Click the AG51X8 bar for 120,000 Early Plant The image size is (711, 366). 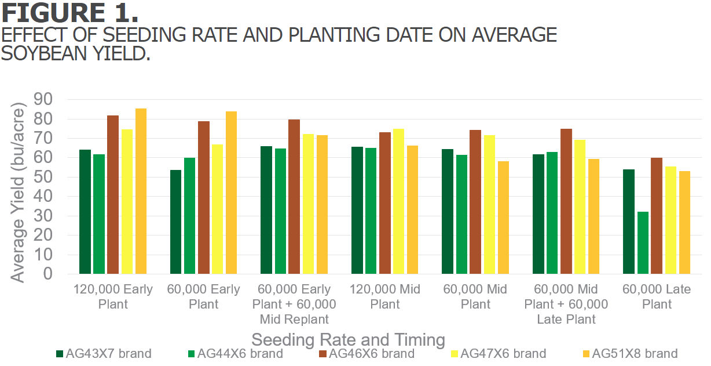[x=141, y=191]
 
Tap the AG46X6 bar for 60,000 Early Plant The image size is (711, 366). [x=204, y=197]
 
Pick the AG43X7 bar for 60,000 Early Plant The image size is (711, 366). [x=176, y=222]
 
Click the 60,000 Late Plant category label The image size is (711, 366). [x=657, y=296]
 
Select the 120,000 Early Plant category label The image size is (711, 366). [x=113, y=296]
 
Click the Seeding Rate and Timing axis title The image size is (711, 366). [x=348, y=339]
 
